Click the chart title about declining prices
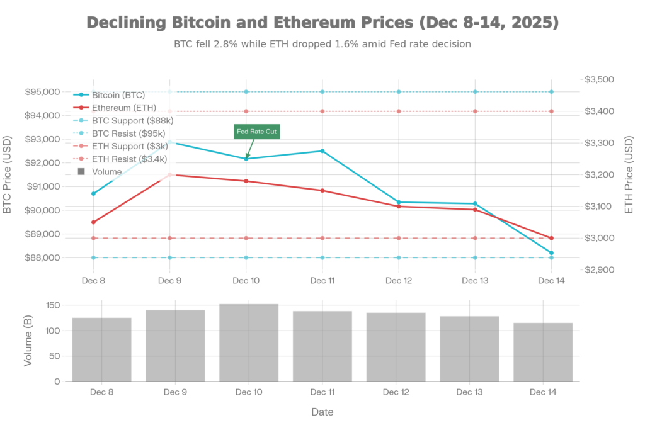click(x=322, y=23)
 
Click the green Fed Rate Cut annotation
click(x=256, y=131)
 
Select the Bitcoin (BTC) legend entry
click(x=118, y=95)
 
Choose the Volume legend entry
click(x=106, y=171)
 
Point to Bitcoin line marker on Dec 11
click(x=322, y=150)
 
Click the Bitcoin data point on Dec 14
click(x=551, y=253)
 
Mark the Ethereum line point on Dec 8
click(x=93, y=222)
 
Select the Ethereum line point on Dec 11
click(x=322, y=190)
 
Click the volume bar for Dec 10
click(x=249, y=342)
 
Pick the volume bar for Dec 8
click(x=101, y=349)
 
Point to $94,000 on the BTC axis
click(x=43, y=116)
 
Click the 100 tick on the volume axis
click(x=52, y=331)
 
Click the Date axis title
click(x=322, y=412)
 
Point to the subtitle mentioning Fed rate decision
click(x=322, y=45)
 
